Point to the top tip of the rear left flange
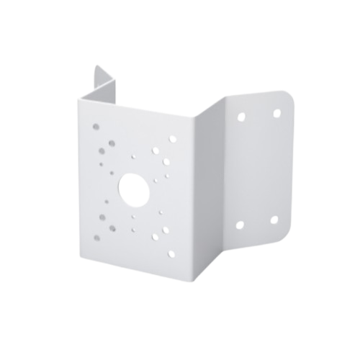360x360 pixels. pyautogui.click(x=96, y=66)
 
